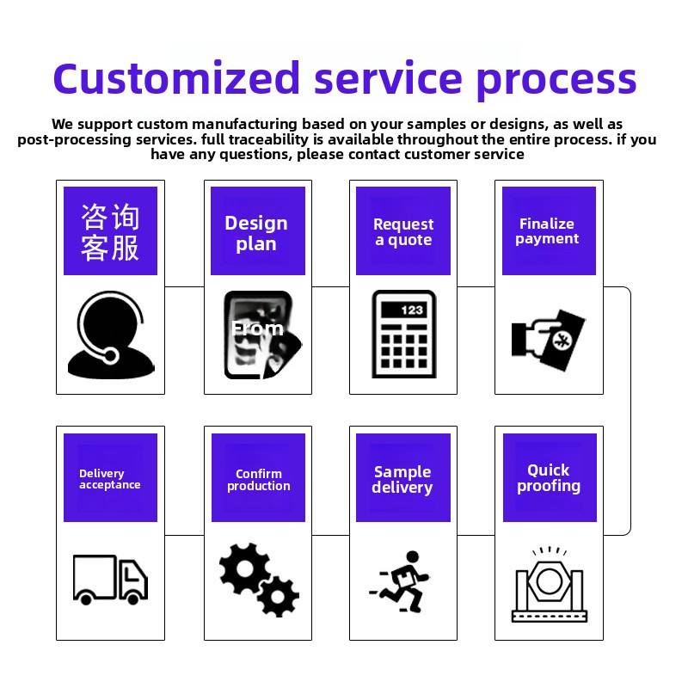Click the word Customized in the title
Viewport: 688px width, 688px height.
176,78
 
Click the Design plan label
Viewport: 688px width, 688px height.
256,233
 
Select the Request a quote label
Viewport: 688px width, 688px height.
403,231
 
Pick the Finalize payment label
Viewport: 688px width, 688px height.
547,230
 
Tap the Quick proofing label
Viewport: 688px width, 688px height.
549,478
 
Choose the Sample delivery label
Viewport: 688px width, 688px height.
402,480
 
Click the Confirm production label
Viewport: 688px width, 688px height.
259,480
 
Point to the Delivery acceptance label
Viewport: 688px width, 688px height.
110,479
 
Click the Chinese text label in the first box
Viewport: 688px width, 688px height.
110,232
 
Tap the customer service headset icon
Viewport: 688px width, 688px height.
111,335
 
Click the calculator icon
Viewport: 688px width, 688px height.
403,334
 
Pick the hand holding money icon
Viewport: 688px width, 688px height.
549,340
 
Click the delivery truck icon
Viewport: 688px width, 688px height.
110,580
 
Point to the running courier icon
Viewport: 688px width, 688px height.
399,581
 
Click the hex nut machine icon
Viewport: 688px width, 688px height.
549,584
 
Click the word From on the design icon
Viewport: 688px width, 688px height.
257,329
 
